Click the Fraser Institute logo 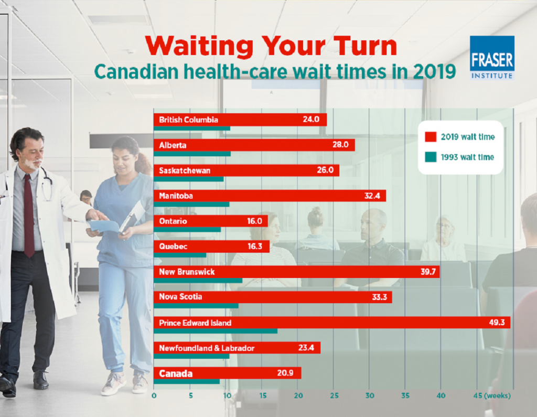tap(491, 57)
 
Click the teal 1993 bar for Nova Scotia tap(196, 305)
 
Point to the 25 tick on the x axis tap(334, 395)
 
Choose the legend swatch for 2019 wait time tap(431, 137)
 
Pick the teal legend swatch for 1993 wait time tap(431, 157)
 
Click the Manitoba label tap(176, 196)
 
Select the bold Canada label tap(176, 373)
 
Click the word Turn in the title tap(361, 46)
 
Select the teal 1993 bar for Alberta tap(192, 154)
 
